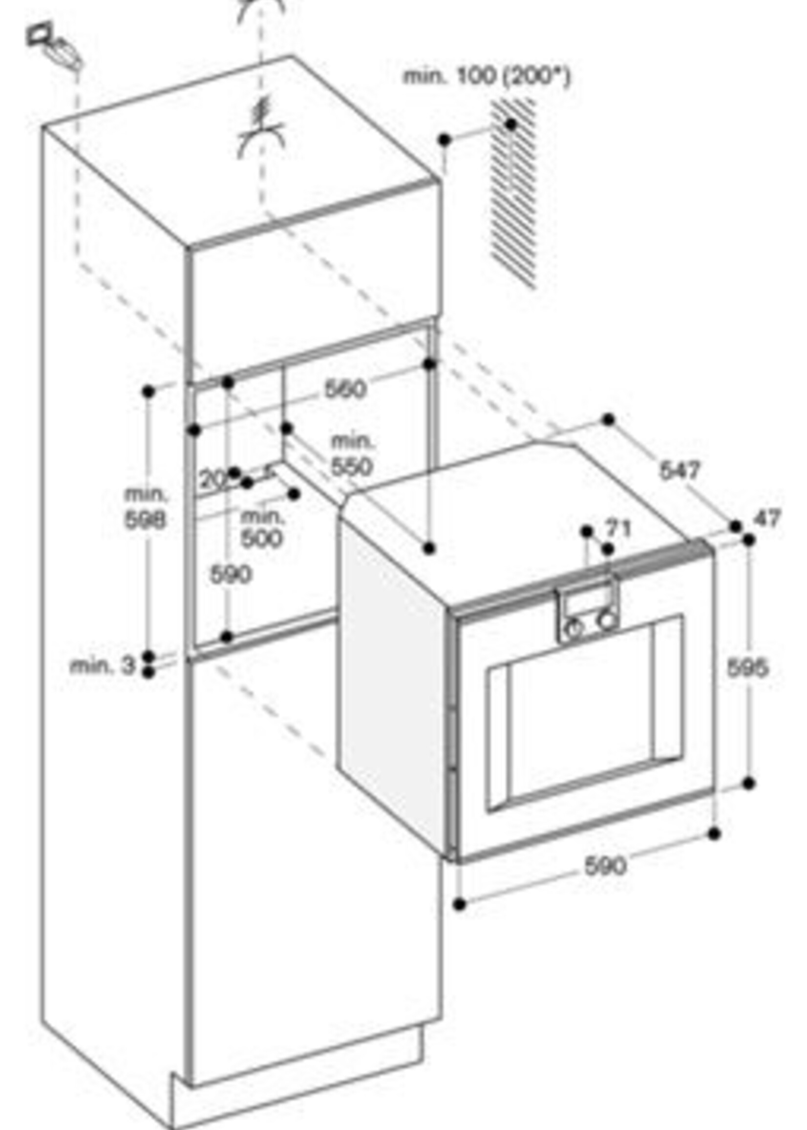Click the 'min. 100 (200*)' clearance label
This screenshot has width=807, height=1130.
pos(487,77)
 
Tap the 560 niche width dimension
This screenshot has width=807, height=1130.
pos(345,389)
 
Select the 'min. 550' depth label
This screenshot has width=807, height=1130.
pos(352,455)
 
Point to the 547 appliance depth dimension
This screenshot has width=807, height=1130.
pos(680,469)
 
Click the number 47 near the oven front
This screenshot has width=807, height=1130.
pos(767,518)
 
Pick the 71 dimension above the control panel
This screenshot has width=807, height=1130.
pos(618,528)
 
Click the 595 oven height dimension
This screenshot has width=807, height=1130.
pos(747,667)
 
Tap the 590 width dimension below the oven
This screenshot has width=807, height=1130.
pos(605,866)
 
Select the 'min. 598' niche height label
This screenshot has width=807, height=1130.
pos(146,508)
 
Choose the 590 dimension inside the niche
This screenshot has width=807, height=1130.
pos(231,575)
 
